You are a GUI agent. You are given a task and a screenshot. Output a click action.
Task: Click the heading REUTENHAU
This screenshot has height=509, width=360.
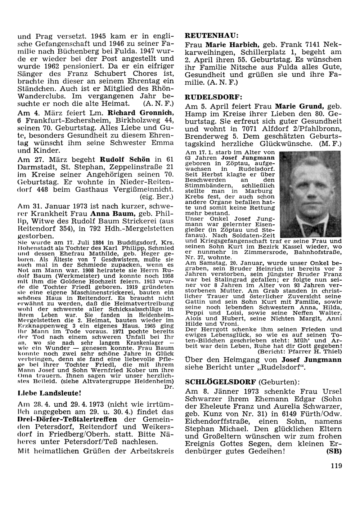coord(211,36)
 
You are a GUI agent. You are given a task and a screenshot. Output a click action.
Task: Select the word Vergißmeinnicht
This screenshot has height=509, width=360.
coord(145,190)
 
